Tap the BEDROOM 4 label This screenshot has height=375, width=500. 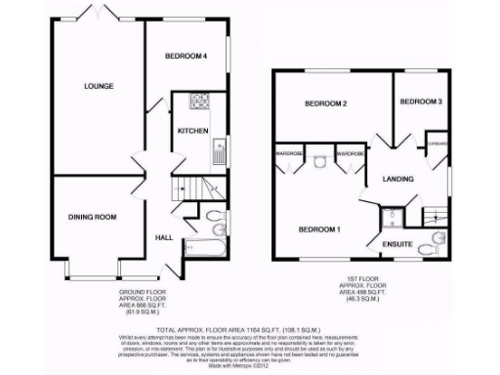click(186, 57)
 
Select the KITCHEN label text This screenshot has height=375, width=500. click(192, 130)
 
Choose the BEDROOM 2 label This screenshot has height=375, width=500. click(326, 104)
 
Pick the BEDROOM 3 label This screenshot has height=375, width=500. click(422, 102)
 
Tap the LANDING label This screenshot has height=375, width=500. click(398, 178)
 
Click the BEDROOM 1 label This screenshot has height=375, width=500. click(318, 229)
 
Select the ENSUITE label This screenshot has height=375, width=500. click(396, 244)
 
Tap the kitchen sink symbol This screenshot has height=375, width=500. click(220, 151)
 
